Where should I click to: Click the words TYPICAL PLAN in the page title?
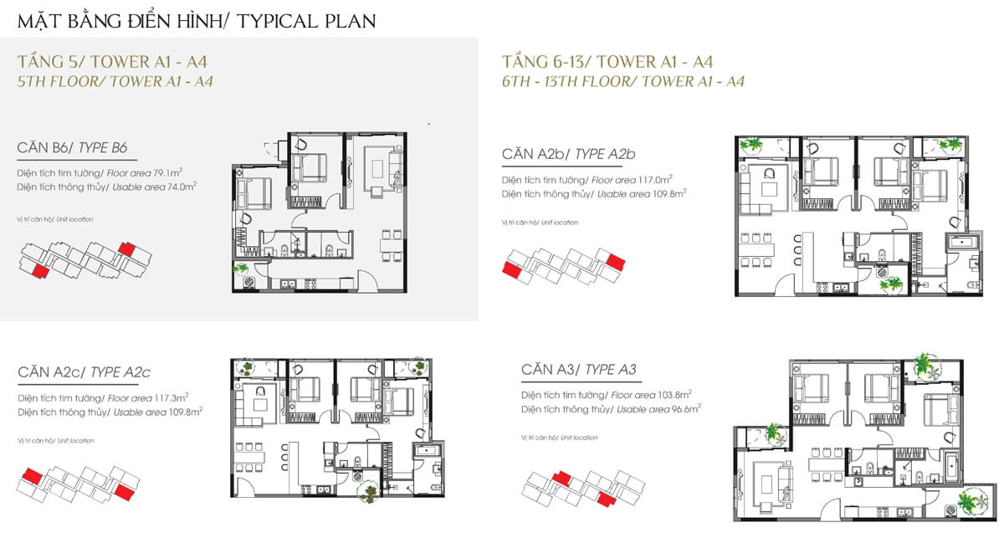click(x=306, y=21)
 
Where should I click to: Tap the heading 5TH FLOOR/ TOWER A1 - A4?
click(x=115, y=82)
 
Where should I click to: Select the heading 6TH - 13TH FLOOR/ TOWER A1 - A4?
click(x=623, y=82)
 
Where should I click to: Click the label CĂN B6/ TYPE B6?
click(x=72, y=147)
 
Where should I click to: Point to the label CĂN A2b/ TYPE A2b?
click(x=568, y=154)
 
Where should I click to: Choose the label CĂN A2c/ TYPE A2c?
click(x=85, y=372)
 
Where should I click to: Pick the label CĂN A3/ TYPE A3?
click(x=579, y=370)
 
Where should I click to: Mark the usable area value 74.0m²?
click(x=182, y=187)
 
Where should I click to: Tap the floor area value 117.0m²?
click(x=655, y=180)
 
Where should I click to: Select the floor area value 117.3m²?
click(x=172, y=397)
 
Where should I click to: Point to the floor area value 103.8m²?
click(x=674, y=395)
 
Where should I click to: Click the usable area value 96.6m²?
click(x=686, y=409)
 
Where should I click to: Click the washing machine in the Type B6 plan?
click(x=248, y=282)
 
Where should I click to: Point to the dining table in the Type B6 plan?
click(x=392, y=246)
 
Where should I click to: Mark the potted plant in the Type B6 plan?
click(x=241, y=269)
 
